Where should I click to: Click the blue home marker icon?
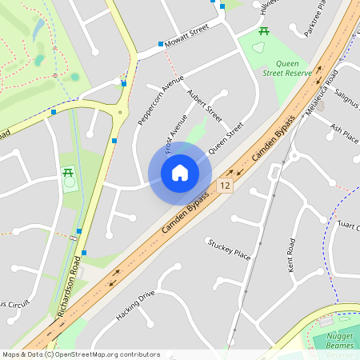point(180,173)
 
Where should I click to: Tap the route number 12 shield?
point(225,186)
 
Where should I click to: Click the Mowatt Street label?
point(186,38)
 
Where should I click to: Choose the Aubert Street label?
point(203,106)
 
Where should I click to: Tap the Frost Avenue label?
point(175,133)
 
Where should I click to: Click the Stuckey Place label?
point(229,248)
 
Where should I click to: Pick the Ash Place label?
point(344,132)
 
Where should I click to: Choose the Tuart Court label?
point(349,226)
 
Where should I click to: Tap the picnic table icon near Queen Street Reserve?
point(263,31)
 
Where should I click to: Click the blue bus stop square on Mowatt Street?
point(161,43)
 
